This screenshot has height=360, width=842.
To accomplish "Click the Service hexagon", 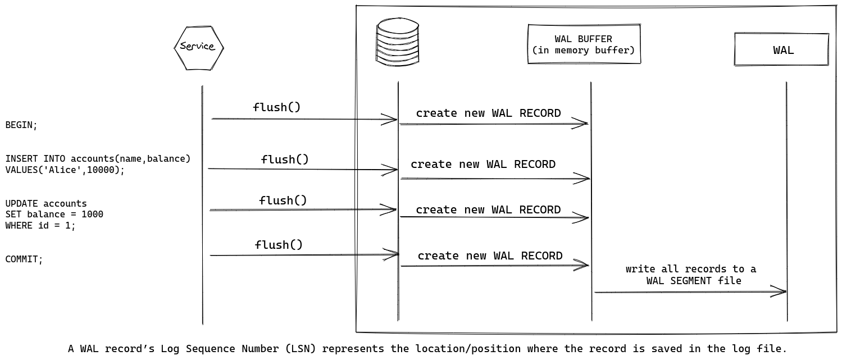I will tap(198, 48).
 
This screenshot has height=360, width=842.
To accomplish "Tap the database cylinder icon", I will tap(398, 42).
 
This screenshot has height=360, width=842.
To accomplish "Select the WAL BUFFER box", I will tap(584, 44).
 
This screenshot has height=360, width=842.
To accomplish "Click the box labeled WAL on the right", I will tap(781, 50).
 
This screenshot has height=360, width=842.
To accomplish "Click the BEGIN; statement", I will tap(21, 125).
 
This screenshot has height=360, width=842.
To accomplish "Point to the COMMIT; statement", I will tap(24, 259).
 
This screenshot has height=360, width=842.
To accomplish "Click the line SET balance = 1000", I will tap(54, 215).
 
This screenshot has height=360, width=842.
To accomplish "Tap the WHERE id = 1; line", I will tap(40, 226).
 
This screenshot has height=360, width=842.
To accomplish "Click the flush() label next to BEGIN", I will tap(277, 107).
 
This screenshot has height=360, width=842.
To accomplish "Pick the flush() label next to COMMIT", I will tap(279, 245).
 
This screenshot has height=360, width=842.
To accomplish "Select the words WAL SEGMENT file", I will tap(693, 281).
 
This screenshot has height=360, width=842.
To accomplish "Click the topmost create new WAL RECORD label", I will tap(488, 113).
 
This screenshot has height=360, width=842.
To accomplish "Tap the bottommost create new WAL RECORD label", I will tap(490, 256).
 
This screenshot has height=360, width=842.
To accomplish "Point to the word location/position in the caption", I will tap(468, 349).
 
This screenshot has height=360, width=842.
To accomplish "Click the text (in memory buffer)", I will tap(584, 51).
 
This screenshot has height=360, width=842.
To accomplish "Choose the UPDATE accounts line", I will tap(46, 204).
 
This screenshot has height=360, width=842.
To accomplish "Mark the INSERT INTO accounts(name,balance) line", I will tap(98, 159).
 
